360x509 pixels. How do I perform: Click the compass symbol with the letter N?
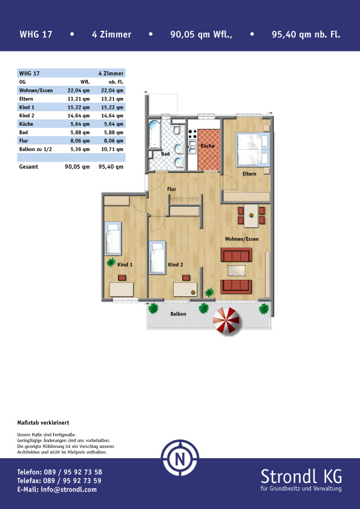pyautogui.click(x=180, y=458)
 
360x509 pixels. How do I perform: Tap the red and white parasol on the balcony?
pyautogui.click(x=226, y=320)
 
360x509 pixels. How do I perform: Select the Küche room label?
pyautogui.click(x=208, y=146)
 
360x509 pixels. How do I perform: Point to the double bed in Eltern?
pyautogui.click(x=253, y=150)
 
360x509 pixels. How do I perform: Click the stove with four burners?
pyautogui.click(x=192, y=134)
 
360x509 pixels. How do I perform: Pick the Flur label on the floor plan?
pyautogui.click(x=172, y=189)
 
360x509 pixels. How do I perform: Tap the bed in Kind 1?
pyautogui.click(x=113, y=238)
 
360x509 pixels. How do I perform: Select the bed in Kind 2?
pyautogui.click(x=157, y=257)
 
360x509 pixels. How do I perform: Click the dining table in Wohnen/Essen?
pyautogui.click(x=251, y=216)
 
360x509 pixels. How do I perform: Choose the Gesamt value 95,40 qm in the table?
pyautogui.click(x=111, y=167)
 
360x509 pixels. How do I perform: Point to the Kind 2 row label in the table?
pyautogui.click(x=27, y=115)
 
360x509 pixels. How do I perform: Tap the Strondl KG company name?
pyautogui.click(x=301, y=476)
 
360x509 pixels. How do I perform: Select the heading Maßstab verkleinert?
pyautogui.click(x=43, y=423)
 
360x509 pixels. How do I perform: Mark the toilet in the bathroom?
pyautogui.click(x=177, y=130)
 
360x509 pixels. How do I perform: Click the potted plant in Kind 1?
pyautogui.click(x=111, y=262)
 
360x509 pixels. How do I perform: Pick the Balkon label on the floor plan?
pyautogui.click(x=178, y=314)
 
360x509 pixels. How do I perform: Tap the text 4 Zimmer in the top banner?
pyautogui.click(x=111, y=34)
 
